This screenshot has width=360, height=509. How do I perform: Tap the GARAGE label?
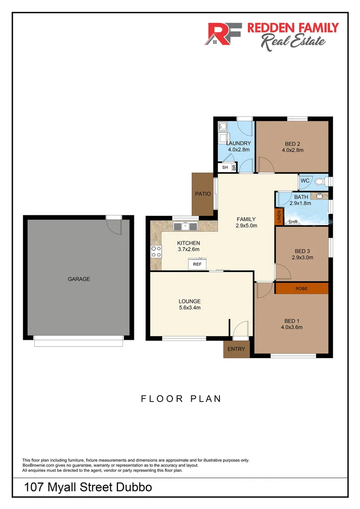tap(79, 279)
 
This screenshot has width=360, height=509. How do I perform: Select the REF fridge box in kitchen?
tap(197, 264)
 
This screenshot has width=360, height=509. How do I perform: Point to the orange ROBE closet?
tap(302, 288)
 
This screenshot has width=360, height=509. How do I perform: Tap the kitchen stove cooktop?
tap(156, 252)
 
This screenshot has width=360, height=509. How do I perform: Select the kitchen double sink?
tap(186, 226)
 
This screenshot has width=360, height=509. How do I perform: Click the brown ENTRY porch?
tap(236, 349)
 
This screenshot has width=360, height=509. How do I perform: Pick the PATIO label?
tap(203, 194)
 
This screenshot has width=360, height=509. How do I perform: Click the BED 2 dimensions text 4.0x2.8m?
tap(292, 150)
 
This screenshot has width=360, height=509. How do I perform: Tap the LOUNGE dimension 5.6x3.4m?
tap(189, 308)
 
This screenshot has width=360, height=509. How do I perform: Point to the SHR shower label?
tap(293, 222)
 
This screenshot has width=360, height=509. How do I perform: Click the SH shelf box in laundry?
tap(225, 167)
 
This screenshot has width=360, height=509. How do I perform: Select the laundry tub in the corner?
tap(222, 127)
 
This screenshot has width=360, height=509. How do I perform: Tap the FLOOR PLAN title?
tap(181, 399)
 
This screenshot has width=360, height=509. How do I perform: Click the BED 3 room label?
tap(302, 251)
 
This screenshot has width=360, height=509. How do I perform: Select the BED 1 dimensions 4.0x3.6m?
tap(291, 327)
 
